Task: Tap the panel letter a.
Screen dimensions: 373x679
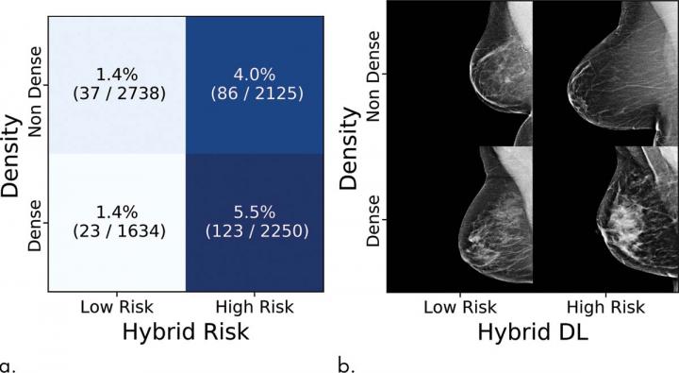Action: pos(8,362)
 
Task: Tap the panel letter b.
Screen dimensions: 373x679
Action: pos(345,362)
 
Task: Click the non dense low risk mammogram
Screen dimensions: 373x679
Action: pos(462,74)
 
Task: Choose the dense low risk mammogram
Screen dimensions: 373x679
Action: pos(462,219)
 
